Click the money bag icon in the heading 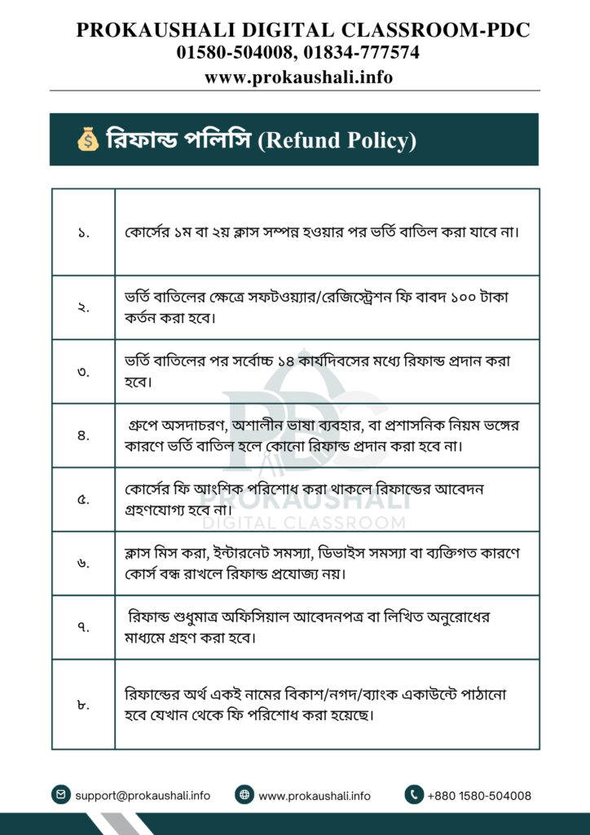pos(87,139)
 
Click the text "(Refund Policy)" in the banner pos(337,140)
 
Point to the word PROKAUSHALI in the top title pos(146,31)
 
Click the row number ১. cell pos(83,232)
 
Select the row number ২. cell pos(83,307)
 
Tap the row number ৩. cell pos(83,371)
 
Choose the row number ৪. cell pos(83,435)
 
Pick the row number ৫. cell pos(83,499)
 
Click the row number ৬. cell pos(83,563)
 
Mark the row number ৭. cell pos(83,627)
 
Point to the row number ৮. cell pos(83,704)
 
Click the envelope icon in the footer pos(60,795)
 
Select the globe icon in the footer pos(244,795)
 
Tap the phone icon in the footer pos(414,795)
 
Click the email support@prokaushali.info pos(143,796)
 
